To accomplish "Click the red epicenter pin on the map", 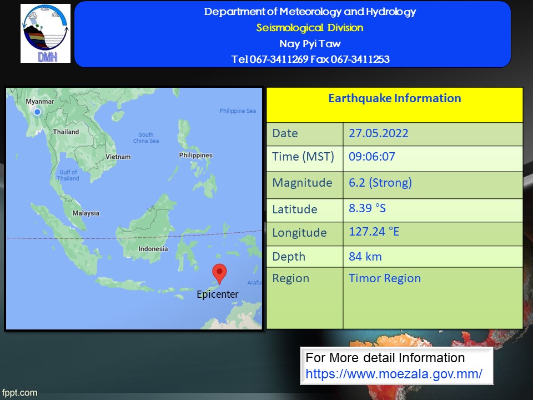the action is [219, 273].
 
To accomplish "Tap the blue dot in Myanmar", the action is [37, 112].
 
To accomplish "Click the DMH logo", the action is [46, 33].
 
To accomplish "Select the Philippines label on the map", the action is [196, 155].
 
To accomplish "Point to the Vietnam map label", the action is [118, 157].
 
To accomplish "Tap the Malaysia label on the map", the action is [86, 213].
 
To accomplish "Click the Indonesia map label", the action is [153, 249].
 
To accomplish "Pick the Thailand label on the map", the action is [66, 132].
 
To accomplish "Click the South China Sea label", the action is [146, 138].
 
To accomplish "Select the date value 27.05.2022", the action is [378, 133].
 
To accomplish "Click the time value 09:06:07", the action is [372, 157].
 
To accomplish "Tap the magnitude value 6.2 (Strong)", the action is [380, 183].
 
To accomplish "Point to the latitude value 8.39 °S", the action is [368, 208].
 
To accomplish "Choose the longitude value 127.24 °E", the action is [374, 232].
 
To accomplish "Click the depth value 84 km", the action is [365, 257].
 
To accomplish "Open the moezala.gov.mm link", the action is [394, 374].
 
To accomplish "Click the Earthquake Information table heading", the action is [395, 98].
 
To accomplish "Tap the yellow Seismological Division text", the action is [310, 28].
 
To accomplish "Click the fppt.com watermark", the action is [19, 393].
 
